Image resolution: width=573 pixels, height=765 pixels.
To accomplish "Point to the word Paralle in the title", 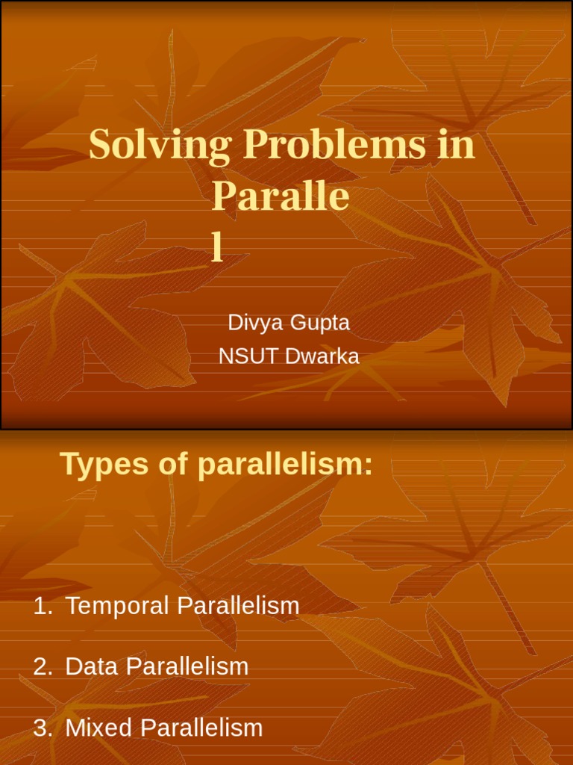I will point(281,197).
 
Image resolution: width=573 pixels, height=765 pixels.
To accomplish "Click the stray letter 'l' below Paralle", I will point(217,247).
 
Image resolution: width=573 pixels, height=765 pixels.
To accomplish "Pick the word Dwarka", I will point(322,356).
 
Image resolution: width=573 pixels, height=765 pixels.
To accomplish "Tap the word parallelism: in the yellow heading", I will point(284,465).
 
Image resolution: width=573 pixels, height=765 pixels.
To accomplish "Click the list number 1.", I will point(43,607).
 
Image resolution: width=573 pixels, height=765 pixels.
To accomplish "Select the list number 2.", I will point(43,666).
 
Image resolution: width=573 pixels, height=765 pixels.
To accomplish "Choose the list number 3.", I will point(43,728).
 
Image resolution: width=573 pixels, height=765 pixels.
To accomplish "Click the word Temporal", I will point(116,607).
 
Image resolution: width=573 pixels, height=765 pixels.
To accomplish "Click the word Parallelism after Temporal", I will point(238,607).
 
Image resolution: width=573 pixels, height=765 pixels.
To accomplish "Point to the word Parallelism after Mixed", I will point(201,728).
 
